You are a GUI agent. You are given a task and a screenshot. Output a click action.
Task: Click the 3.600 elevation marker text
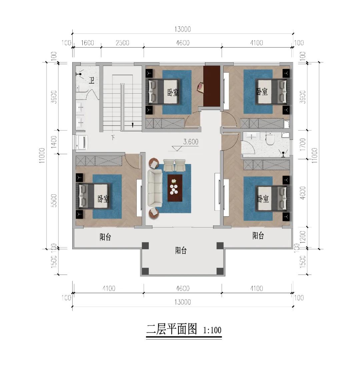click(x=191, y=142)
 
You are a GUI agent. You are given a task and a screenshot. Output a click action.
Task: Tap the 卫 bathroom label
click(x=92, y=80)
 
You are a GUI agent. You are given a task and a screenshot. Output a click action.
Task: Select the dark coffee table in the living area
click(x=175, y=188)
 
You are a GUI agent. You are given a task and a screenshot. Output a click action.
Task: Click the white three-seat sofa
click(x=155, y=188)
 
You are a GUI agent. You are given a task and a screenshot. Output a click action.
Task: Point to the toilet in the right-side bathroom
click(x=270, y=139)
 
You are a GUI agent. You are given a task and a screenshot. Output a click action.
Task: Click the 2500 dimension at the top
click(x=122, y=43)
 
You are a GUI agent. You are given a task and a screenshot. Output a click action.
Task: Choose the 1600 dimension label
click(x=87, y=43)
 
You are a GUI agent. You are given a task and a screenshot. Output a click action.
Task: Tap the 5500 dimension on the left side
click(x=54, y=201)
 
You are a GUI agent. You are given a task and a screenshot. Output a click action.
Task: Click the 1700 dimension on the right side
click(x=302, y=144)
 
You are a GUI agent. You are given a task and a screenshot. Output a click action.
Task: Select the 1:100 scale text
click(x=212, y=330)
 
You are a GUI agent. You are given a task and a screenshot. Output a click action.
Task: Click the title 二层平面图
click(x=172, y=329)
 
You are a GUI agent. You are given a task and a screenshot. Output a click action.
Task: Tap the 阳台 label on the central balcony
click(x=181, y=250)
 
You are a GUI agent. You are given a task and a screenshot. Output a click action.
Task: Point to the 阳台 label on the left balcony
click(x=105, y=237)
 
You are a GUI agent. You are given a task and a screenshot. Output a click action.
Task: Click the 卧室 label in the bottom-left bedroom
click(x=103, y=199)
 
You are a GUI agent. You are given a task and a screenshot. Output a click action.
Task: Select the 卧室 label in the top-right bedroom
click(x=262, y=92)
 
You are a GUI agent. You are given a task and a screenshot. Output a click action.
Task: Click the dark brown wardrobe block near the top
click(x=212, y=86)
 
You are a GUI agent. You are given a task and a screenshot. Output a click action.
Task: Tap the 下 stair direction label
click(x=113, y=137)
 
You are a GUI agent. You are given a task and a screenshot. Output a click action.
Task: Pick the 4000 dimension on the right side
click(x=302, y=193)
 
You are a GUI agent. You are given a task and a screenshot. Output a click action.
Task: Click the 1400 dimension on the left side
click(x=54, y=142)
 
